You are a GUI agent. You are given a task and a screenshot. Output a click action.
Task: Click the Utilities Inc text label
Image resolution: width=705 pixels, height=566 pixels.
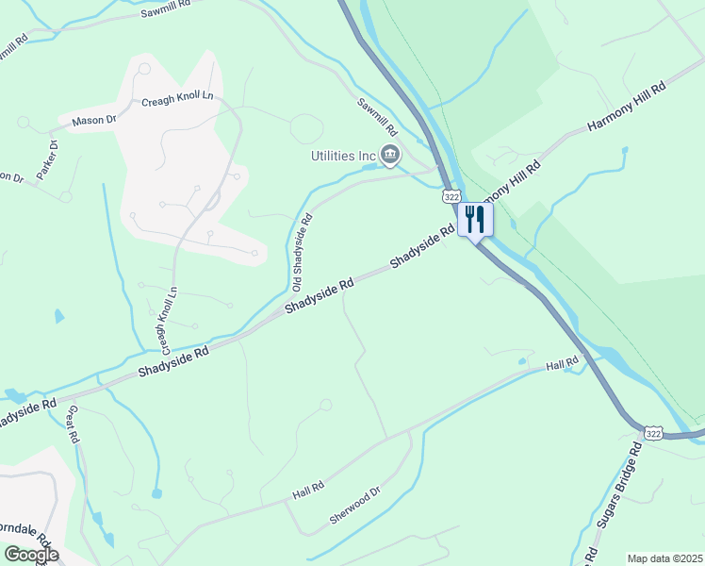pyautogui.click(x=344, y=156)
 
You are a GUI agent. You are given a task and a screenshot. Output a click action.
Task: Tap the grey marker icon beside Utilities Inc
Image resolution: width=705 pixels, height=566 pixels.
pyautogui.click(x=390, y=156)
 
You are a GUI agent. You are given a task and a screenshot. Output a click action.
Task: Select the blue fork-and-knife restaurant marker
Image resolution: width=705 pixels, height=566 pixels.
pyautogui.click(x=474, y=220)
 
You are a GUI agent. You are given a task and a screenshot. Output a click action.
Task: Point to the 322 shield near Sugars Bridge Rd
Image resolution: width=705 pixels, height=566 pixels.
pyautogui.click(x=653, y=432)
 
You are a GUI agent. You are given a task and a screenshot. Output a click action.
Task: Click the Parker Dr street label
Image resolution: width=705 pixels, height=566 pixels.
pyautogui.click(x=46, y=159)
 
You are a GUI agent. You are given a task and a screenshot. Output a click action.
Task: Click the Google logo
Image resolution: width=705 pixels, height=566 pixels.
pyautogui.click(x=31, y=555)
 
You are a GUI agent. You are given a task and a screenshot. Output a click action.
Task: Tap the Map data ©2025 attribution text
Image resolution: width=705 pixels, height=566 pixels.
pyautogui.click(x=664, y=558)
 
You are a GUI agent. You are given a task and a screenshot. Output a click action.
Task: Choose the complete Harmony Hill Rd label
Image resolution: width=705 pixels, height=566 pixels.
pyautogui.click(x=626, y=106)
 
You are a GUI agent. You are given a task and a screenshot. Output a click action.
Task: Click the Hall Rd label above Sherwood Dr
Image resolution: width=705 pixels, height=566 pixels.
pyautogui.click(x=308, y=490)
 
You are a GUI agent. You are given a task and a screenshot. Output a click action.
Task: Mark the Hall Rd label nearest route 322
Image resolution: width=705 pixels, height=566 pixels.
pyautogui.click(x=561, y=364)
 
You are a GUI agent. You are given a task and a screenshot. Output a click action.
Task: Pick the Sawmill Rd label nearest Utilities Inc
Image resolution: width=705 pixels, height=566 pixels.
pyautogui.click(x=377, y=117)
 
